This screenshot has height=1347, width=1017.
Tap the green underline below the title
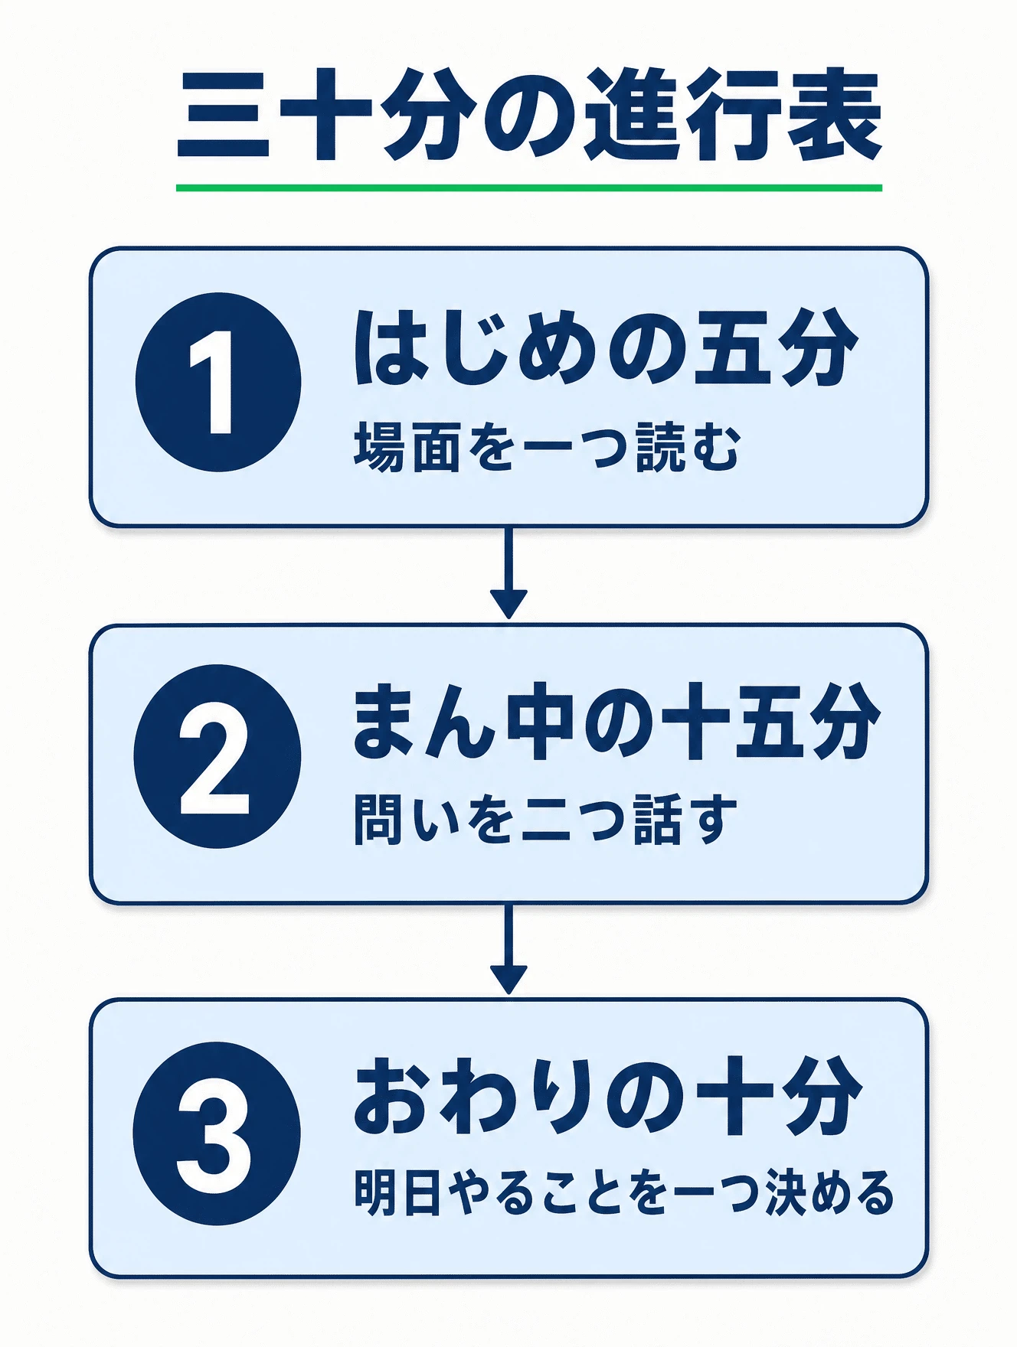[x=529, y=188]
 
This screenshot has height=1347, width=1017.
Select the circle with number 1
[x=218, y=382]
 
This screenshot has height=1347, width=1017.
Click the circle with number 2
[x=217, y=756]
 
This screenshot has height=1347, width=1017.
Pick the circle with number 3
[x=217, y=1133]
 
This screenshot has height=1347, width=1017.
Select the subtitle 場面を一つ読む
[x=547, y=448]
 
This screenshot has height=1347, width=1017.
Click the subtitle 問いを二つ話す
[x=545, y=819]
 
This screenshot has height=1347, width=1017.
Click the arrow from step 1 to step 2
[x=508, y=572]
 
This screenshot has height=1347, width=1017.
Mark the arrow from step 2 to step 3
[x=508, y=949]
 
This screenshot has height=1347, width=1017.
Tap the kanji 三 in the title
[x=224, y=116]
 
